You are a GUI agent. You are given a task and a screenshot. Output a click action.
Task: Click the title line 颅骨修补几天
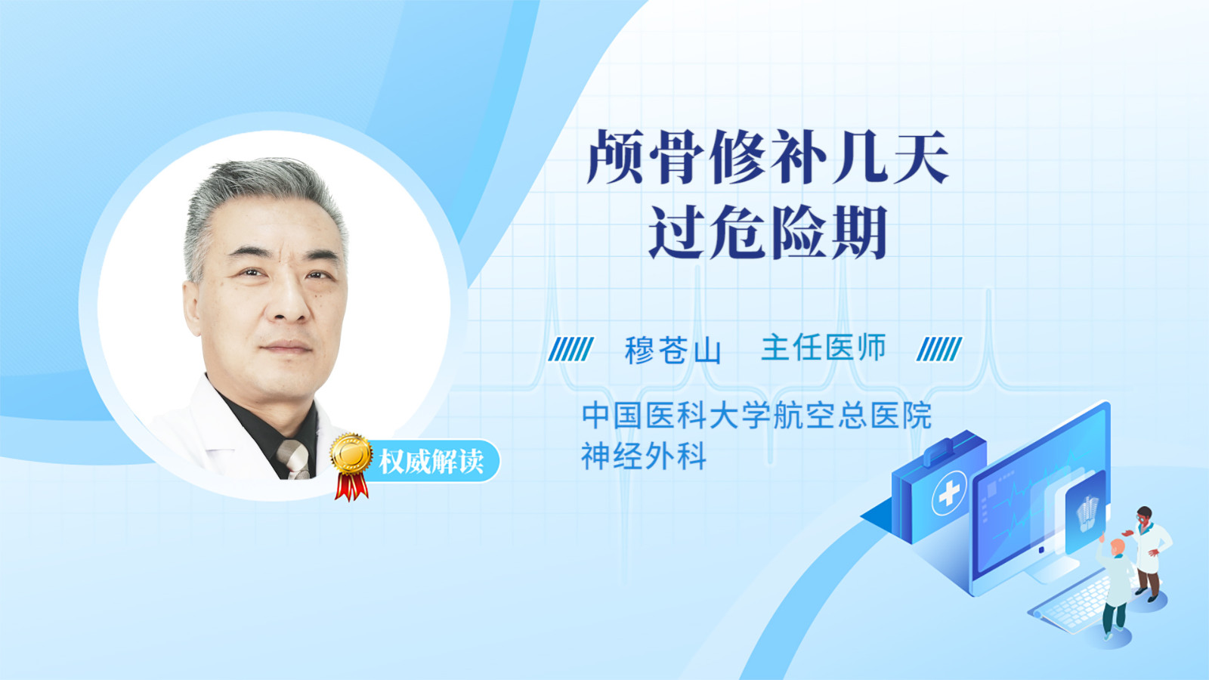coord(768,157)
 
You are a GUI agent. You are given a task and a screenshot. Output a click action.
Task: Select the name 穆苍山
coord(673,350)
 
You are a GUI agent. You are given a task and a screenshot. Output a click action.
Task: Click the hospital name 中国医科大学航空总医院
coord(756,415)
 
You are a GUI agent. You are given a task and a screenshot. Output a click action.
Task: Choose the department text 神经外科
coord(643,456)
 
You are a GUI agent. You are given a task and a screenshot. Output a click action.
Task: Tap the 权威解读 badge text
coord(431,462)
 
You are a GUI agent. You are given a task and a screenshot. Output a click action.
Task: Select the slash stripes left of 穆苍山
coord(570,349)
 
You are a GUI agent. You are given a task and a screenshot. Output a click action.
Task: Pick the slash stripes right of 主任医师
coord(939,349)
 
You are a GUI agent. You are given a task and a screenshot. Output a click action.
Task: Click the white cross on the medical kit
coord(949,493)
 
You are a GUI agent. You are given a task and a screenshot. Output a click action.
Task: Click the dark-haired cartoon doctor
coord(1149,553)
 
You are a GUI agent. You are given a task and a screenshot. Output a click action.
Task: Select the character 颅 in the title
coord(615,157)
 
